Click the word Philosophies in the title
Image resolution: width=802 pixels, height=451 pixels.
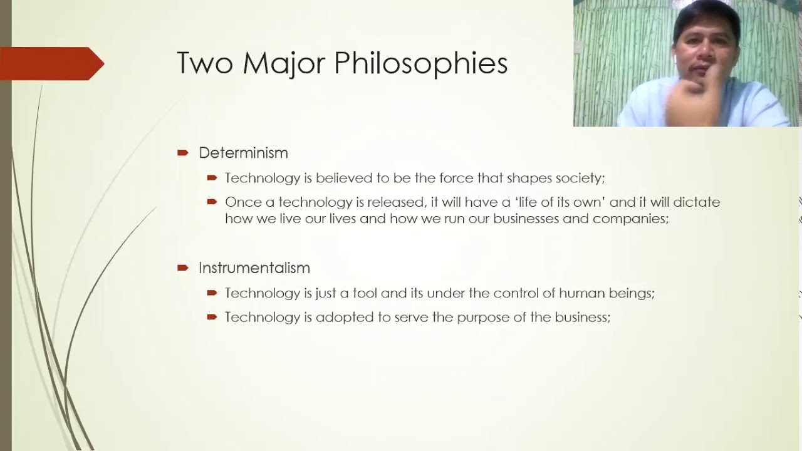420,64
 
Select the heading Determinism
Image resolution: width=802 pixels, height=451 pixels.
243,153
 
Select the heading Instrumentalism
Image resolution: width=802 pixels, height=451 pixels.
254,268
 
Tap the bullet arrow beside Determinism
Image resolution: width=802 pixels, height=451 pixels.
183,153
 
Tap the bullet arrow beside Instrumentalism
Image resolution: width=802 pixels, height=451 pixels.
183,268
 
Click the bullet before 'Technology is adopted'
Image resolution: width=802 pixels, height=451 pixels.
212,318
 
